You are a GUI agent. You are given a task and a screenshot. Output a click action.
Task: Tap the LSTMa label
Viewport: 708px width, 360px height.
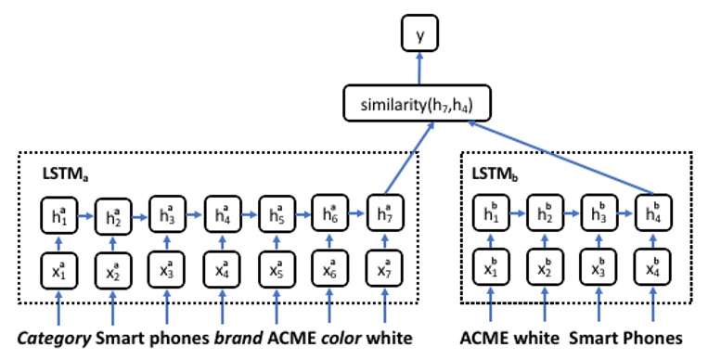click(61, 174)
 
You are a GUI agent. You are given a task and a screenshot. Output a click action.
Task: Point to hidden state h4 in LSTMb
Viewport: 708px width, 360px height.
click(652, 212)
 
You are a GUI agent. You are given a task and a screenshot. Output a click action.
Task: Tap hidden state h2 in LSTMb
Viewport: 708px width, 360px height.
click(544, 212)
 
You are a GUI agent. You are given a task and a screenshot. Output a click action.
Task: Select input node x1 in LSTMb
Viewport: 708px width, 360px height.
click(490, 269)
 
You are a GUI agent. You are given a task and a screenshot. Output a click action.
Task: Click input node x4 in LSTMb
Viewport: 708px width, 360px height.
click(652, 269)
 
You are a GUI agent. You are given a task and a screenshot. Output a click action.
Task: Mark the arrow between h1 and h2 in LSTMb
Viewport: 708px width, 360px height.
click(517, 212)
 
